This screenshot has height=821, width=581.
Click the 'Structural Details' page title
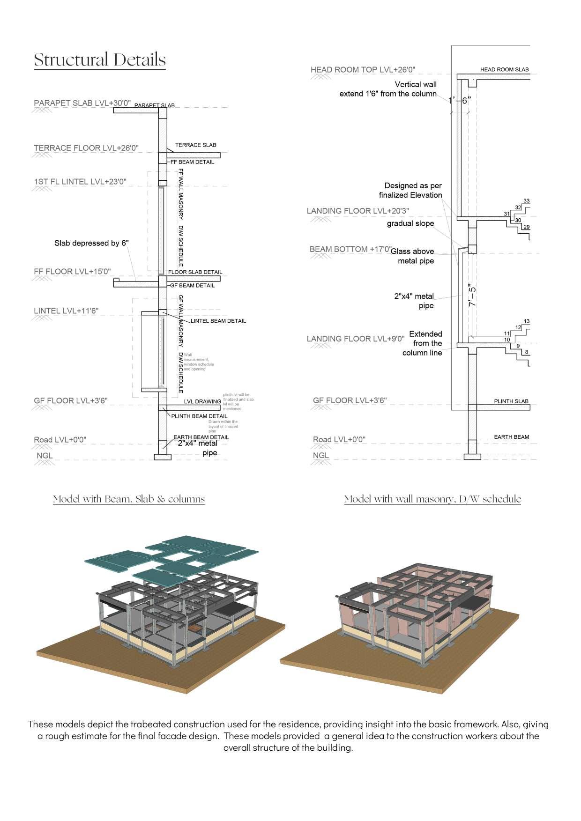(x=100, y=60)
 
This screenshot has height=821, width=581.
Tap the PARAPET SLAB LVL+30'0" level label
(x=82, y=103)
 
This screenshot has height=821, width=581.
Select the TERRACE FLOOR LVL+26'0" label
(x=86, y=148)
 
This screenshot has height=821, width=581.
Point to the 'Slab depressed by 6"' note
(x=91, y=243)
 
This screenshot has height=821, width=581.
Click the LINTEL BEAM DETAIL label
(x=218, y=321)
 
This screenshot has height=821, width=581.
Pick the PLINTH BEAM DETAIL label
(x=199, y=416)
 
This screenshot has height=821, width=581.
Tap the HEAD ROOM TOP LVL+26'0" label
(x=363, y=70)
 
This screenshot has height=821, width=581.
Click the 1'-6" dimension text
(x=459, y=101)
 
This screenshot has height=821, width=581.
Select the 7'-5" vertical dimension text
(x=472, y=296)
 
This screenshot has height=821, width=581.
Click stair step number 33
(x=527, y=201)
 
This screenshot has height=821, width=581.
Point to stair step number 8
(x=527, y=352)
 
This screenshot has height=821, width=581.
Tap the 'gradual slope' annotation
(x=410, y=223)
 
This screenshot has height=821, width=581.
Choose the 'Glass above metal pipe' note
(x=413, y=256)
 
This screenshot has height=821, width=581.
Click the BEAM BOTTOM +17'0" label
(x=350, y=249)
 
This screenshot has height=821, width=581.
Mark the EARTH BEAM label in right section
(x=511, y=437)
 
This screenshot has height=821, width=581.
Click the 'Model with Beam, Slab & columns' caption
(x=129, y=499)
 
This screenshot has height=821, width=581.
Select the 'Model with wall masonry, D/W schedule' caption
(x=432, y=499)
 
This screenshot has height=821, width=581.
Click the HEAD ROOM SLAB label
(x=504, y=69)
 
